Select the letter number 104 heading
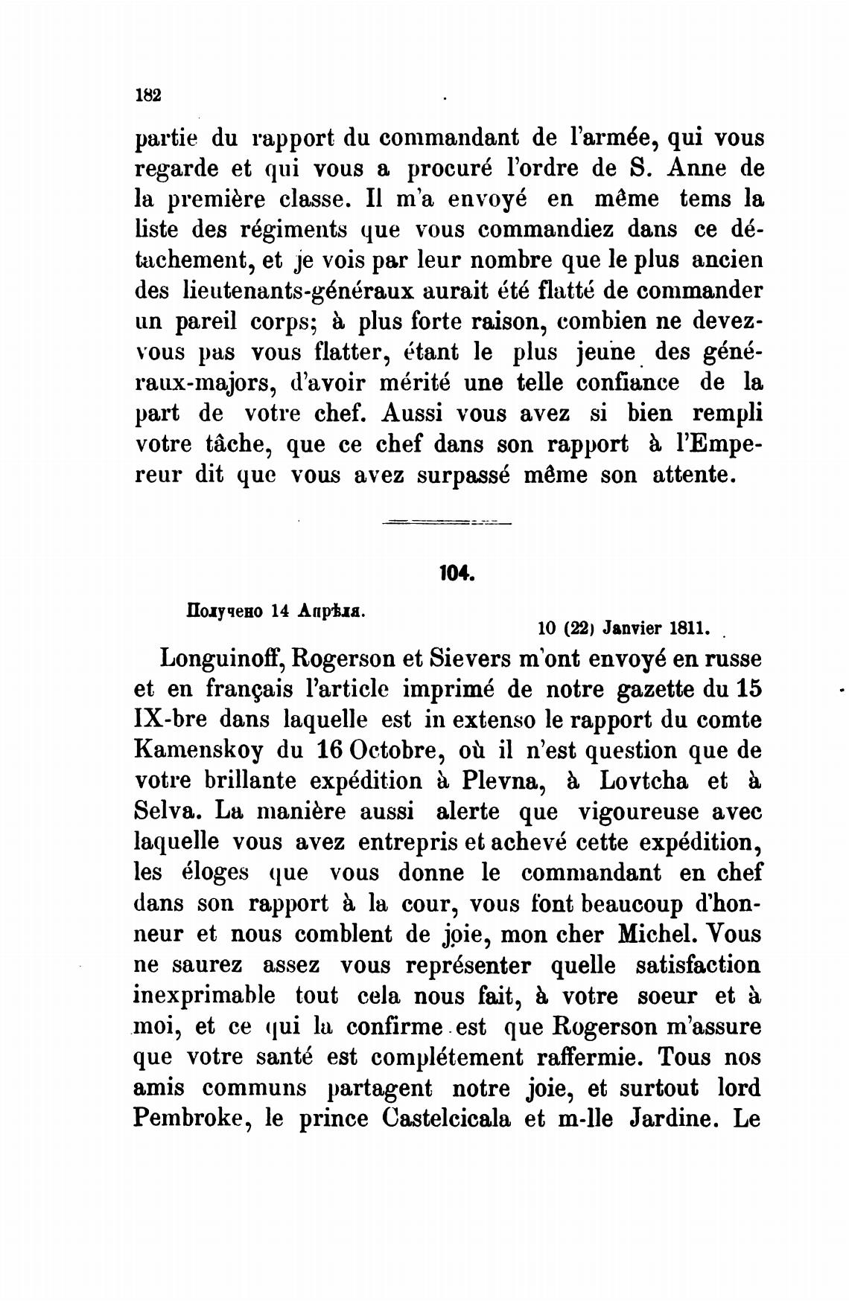(454, 574)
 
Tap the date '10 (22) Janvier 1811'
(623, 627)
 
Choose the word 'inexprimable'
(205, 996)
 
